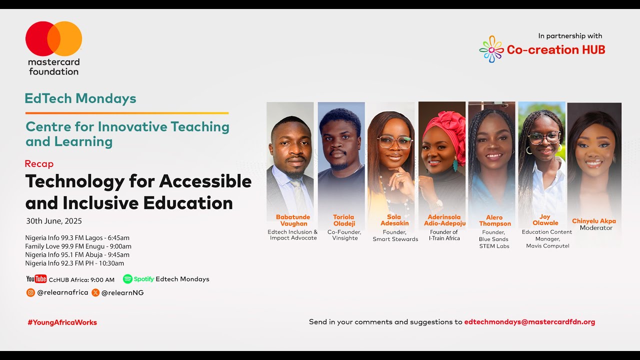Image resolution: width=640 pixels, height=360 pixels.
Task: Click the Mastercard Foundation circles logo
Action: point(53,38)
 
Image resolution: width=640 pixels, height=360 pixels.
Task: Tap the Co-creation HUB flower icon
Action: point(491,49)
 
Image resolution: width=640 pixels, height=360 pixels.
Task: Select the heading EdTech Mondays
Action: point(80,98)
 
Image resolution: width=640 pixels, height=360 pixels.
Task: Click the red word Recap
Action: point(39,163)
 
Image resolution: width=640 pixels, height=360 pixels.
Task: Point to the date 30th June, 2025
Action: point(54,221)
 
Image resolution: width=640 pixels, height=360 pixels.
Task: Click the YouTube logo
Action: point(36,279)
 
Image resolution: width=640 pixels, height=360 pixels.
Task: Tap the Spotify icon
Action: point(127,279)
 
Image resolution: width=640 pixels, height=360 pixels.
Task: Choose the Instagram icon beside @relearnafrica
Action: point(30,292)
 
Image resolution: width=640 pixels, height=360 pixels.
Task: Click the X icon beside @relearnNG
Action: point(95,292)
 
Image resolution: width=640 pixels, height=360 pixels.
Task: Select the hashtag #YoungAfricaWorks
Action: point(62,322)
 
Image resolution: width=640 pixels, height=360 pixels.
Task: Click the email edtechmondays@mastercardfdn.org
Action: point(529,322)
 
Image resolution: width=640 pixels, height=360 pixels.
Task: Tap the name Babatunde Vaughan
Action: point(293,220)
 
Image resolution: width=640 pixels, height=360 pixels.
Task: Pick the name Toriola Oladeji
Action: point(343,220)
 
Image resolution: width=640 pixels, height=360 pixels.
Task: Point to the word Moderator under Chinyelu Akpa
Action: point(596,228)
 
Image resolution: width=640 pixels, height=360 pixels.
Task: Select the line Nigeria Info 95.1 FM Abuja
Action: point(77,254)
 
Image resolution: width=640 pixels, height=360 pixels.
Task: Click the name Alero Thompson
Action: point(495,220)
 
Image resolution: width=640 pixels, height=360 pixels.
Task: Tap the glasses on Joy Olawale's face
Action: point(543,137)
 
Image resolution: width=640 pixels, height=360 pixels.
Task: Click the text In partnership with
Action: point(570,36)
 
